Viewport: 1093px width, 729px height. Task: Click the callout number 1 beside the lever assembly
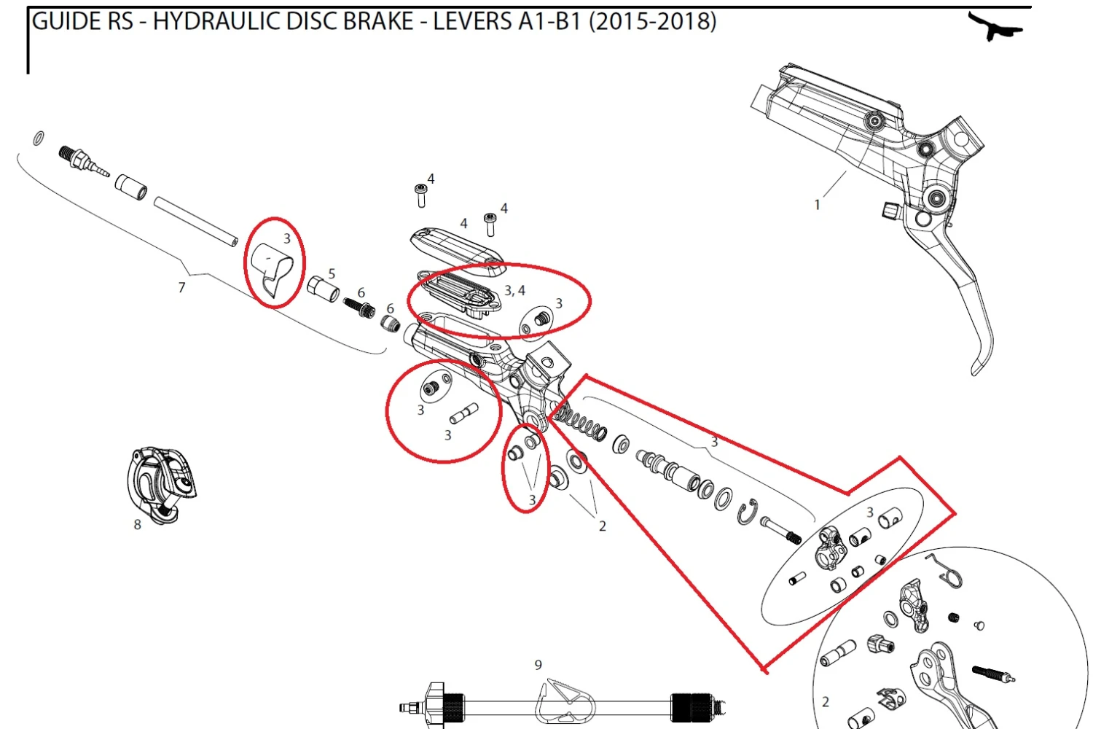pyautogui.click(x=818, y=205)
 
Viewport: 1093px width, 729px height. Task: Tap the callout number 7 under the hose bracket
pyautogui.click(x=182, y=288)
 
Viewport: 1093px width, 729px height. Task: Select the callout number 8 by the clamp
pyautogui.click(x=138, y=524)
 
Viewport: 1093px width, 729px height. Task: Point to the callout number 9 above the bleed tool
pyautogui.click(x=538, y=665)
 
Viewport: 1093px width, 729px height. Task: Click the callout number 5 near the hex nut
pyautogui.click(x=332, y=274)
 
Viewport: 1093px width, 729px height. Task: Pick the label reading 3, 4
pyautogui.click(x=514, y=291)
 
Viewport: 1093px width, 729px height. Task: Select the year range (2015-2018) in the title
pyautogui.click(x=652, y=21)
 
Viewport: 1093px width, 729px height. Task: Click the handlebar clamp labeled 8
pyautogui.click(x=162, y=485)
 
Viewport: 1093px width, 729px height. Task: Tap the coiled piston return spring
pyautogui.click(x=581, y=422)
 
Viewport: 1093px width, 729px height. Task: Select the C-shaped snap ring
pyautogui.click(x=747, y=512)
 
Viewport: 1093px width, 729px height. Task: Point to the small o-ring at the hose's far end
pyautogui.click(x=38, y=139)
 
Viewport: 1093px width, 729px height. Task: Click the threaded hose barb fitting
pyautogui.click(x=84, y=161)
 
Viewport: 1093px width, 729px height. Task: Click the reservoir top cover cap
pyautogui.click(x=457, y=247)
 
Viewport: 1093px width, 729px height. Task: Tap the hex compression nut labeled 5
pyautogui.click(x=324, y=289)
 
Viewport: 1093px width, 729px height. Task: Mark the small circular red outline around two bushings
pyautogui.click(x=525, y=468)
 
